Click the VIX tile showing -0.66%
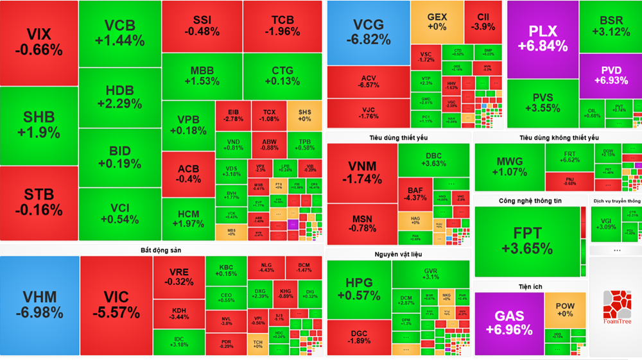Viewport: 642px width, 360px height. [x=39, y=42]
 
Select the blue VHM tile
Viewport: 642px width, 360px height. [x=39, y=305]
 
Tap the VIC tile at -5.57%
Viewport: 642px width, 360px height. [x=116, y=305]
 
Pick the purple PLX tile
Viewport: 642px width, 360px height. [x=542, y=39]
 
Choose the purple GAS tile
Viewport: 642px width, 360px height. [x=509, y=323]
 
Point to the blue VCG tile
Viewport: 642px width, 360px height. [x=368, y=32]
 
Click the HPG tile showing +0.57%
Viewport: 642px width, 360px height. [x=359, y=289]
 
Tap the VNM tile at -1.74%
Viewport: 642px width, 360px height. [x=362, y=172]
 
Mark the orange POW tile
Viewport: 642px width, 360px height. [x=565, y=310]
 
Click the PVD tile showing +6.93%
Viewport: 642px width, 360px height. [x=610, y=76]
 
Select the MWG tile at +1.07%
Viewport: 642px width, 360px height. [x=510, y=167]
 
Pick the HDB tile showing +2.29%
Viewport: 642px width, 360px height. [x=119, y=96]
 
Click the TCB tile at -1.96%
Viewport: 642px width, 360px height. [x=282, y=26]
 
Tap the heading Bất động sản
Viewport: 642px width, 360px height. [x=160, y=250]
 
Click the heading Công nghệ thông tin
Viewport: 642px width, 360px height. [x=530, y=201]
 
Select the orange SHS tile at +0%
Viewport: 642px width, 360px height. [x=304, y=115]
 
